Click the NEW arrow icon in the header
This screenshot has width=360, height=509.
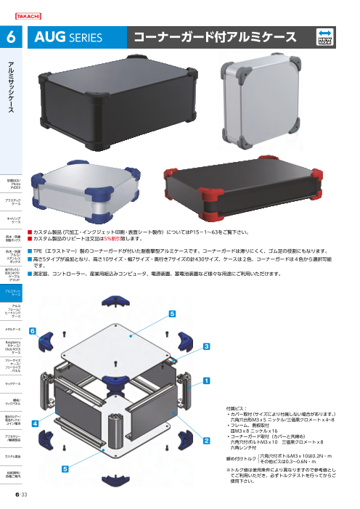pos(327,37)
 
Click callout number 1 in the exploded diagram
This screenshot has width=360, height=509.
pos(206,380)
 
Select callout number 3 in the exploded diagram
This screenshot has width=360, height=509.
pos(206,346)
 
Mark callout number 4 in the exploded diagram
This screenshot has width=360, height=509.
pos(34,421)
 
